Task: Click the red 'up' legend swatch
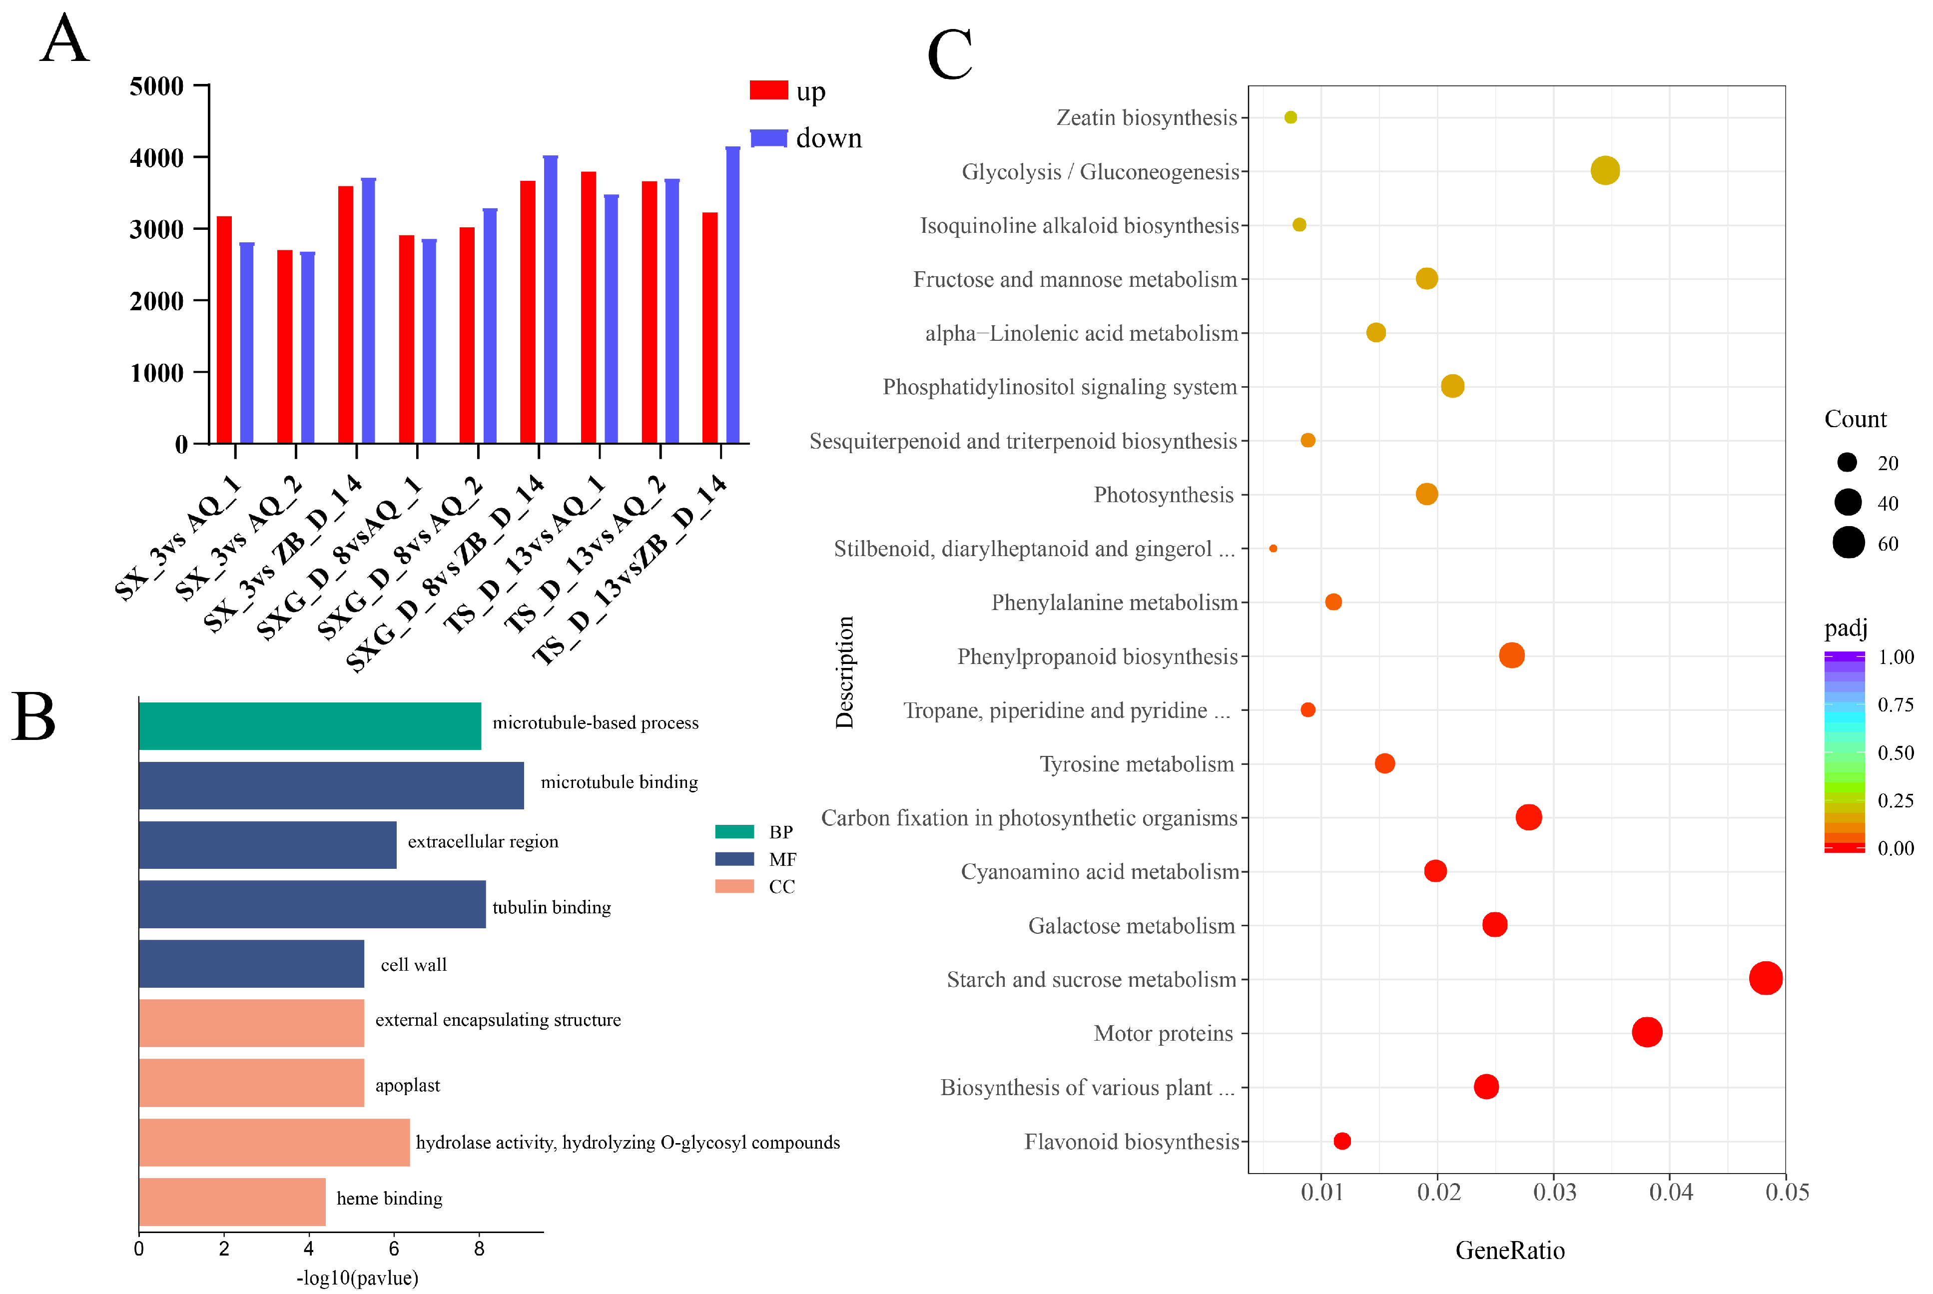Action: tap(768, 90)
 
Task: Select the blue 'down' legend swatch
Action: tap(768, 138)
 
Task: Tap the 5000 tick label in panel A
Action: tap(157, 86)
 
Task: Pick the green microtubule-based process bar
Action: tap(309, 726)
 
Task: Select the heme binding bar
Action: tap(232, 1202)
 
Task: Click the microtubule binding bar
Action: tap(331, 785)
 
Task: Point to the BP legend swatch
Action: tap(734, 832)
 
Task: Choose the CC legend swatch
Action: tap(734, 886)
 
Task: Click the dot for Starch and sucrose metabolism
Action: tap(1765, 979)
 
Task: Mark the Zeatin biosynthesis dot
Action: tap(1290, 117)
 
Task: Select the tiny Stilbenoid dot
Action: tap(1273, 549)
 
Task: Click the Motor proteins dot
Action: tap(1646, 1032)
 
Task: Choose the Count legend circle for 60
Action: tap(1848, 543)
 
